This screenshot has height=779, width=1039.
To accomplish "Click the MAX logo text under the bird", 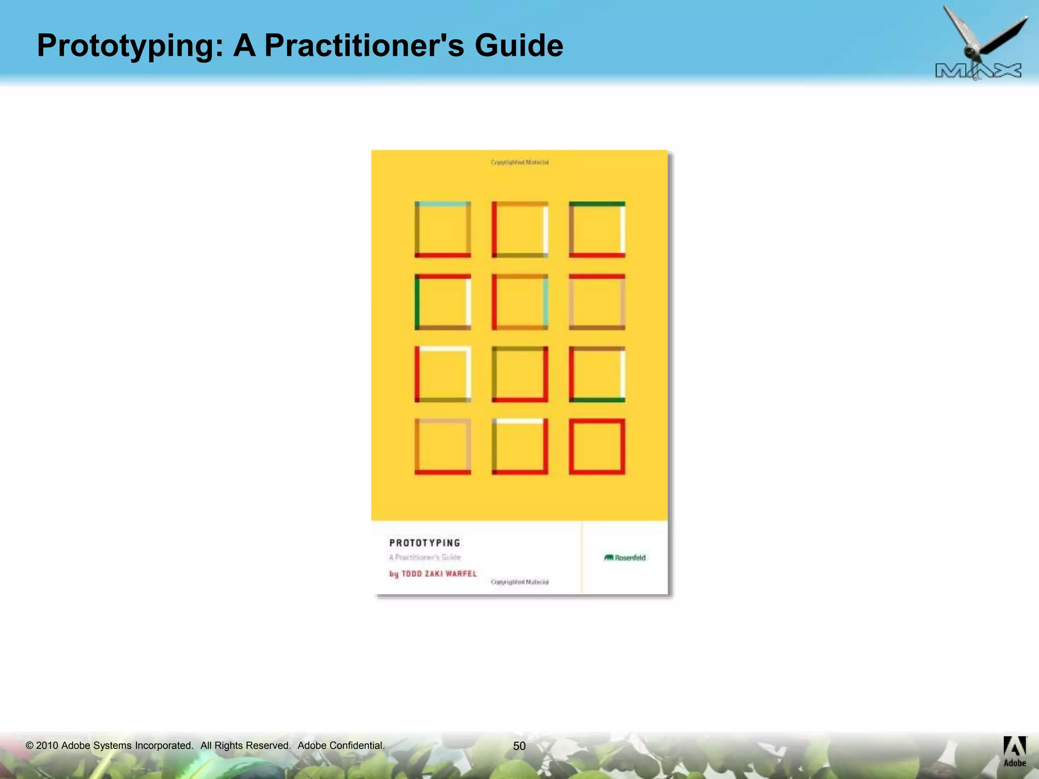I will [978, 72].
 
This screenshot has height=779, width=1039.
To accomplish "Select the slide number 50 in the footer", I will [519, 746].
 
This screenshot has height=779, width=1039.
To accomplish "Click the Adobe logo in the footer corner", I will [1015, 751].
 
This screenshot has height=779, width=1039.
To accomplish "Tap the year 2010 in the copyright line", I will [47, 746].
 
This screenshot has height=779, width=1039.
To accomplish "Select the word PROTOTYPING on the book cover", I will [425, 543].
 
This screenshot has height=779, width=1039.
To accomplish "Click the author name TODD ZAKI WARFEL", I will [439, 574].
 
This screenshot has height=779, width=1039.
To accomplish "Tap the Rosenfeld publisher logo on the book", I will [625, 558].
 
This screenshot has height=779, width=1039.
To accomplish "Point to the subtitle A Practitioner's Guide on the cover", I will [425, 557].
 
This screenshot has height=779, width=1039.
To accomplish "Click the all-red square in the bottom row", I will [597, 446].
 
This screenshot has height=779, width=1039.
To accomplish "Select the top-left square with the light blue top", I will [442, 229].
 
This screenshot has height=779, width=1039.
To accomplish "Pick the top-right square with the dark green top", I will [597, 229].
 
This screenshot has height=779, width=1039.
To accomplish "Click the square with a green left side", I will [442, 302].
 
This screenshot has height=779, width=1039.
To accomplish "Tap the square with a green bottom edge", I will [597, 374].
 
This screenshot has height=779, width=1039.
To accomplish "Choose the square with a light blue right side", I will [519, 302].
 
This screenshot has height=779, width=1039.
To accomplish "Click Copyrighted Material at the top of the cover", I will [519, 162].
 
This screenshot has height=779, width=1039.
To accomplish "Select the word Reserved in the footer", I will [268, 746].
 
